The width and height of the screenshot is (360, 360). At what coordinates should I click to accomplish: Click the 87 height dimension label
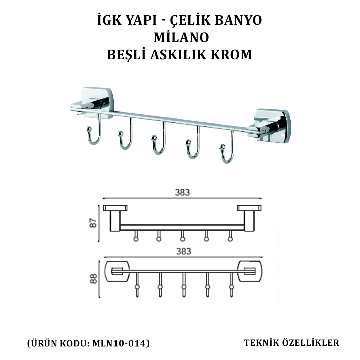(93, 223)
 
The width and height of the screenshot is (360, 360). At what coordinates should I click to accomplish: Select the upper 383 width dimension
(182, 192)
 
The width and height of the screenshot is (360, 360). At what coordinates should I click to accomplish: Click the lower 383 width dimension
(184, 251)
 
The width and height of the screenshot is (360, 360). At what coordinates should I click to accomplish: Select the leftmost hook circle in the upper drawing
(136, 239)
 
